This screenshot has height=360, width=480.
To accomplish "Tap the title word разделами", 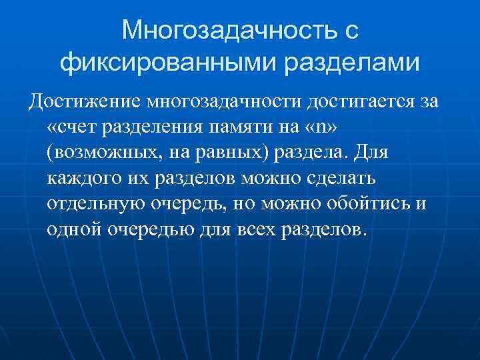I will point(354,63).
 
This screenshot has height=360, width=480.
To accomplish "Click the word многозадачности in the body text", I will point(226,102).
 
